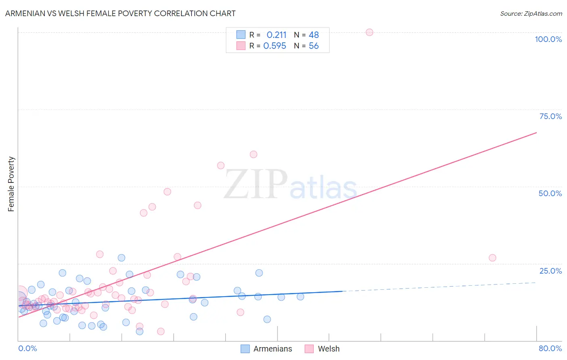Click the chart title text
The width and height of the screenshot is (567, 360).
120,13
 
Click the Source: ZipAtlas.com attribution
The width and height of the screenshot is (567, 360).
531,13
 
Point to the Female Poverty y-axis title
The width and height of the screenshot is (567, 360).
11,184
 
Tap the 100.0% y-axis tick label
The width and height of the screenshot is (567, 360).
548,39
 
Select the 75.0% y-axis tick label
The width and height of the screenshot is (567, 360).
550,116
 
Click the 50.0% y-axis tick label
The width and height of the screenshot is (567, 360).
550,193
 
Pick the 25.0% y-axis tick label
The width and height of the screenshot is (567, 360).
550,271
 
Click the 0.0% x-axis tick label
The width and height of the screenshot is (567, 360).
27,348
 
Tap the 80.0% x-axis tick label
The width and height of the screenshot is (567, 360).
550,348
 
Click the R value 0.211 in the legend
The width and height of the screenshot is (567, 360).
276,35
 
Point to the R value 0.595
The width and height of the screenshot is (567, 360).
275,46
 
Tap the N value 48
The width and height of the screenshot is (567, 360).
314,35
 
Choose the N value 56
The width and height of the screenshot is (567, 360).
314,46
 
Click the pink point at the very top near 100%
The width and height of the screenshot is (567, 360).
369,32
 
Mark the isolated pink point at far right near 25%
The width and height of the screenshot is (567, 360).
492,258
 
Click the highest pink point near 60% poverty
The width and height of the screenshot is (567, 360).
253,154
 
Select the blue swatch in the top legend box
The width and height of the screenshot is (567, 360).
241,35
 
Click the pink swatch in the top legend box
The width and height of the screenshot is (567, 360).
241,46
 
